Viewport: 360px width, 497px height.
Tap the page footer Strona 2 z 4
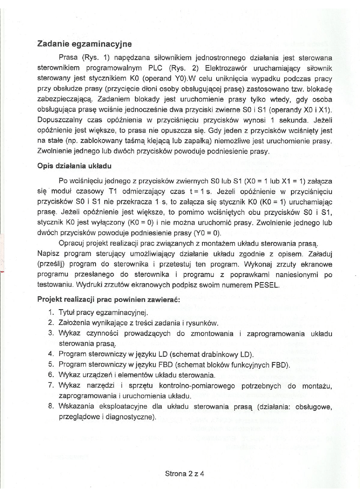coord(185,474)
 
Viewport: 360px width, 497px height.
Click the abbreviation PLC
coord(157,65)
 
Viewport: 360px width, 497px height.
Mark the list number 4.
coord(51,354)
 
